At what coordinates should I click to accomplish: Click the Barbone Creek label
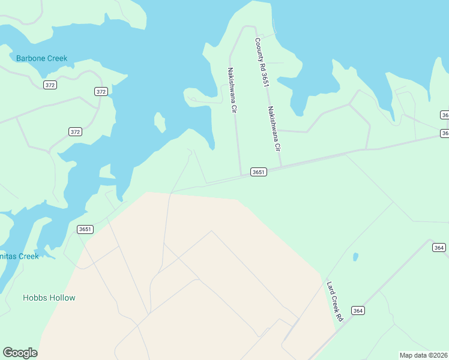41,58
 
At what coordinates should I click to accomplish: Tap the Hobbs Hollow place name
49,298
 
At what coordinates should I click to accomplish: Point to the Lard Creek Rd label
334,301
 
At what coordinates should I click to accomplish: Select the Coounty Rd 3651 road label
260,63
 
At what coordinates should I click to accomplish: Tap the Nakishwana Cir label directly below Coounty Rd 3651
274,129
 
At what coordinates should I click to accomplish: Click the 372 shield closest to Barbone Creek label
50,85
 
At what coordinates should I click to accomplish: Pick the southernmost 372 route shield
75,132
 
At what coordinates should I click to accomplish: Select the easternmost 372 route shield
101,91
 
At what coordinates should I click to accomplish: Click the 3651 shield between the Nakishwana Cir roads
258,172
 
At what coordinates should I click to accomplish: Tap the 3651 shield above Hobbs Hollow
85,229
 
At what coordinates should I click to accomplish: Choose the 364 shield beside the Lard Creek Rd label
358,310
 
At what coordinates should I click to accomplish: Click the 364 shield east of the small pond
439,247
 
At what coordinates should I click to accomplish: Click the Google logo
20,353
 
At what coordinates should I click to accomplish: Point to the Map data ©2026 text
423,355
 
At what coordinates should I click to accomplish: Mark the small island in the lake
160,122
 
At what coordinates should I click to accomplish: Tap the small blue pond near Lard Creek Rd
355,257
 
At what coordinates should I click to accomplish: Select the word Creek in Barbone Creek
56,58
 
